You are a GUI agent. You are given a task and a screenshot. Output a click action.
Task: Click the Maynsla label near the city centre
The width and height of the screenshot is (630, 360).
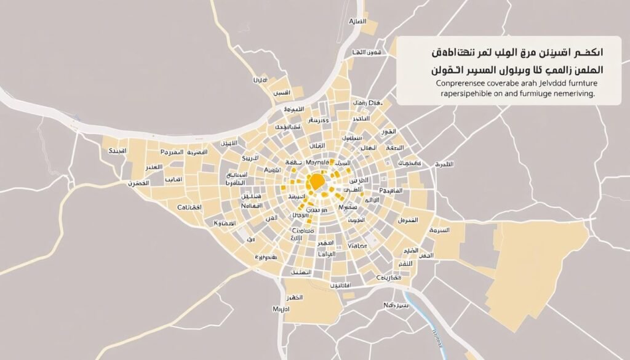[314, 162]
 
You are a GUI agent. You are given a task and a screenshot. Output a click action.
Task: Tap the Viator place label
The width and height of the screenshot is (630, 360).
[357, 246]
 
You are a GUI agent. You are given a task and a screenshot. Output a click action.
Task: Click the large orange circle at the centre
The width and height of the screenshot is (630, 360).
[316, 181]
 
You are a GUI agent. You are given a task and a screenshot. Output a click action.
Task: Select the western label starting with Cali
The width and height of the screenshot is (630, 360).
[189, 208]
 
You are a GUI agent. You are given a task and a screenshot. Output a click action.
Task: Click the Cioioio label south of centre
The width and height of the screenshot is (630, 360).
[302, 231]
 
